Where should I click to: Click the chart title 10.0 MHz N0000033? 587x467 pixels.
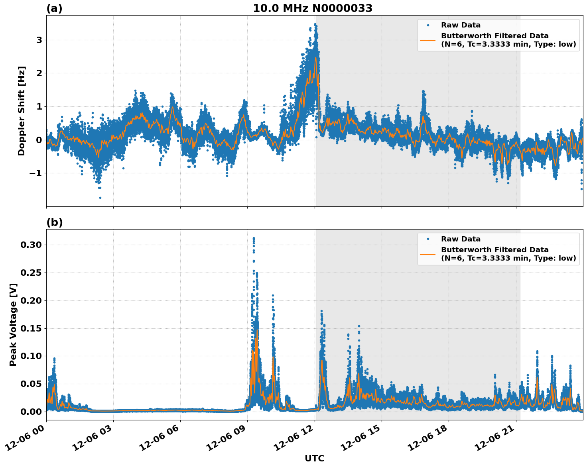click(313, 8)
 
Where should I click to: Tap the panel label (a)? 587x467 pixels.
click(54, 8)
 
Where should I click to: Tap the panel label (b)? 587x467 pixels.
click(55, 222)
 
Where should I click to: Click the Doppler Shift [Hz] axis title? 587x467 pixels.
click(22, 111)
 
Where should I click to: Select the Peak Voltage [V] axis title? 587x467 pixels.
click(14, 324)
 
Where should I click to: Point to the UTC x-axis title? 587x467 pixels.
click(314, 458)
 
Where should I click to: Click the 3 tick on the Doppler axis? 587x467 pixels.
click(39, 40)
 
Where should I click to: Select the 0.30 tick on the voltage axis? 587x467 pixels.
click(31, 245)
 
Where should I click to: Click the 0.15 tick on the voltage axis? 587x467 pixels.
click(31, 328)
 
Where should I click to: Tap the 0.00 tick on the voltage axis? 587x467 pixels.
click(31, 412)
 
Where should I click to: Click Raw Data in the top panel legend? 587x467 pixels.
click(461, 25)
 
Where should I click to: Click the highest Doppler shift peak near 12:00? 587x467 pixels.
click(315, 24)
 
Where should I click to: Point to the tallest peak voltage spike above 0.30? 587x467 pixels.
click(254, 238)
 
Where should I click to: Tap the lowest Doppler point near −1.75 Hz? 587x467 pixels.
click(100, 198)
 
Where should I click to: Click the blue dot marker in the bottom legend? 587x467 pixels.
click(428, 239)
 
